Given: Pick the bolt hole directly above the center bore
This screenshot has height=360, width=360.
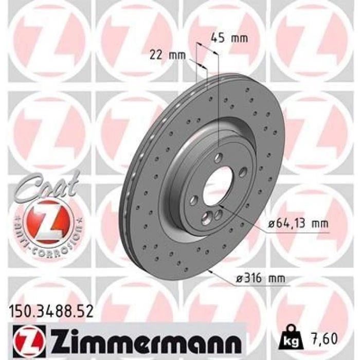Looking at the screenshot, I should click(x=219, y=158).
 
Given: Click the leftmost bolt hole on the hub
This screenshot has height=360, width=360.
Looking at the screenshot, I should click(x=194, y=200).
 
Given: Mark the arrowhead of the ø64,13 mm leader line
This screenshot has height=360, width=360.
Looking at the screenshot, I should click(x=220, y=209).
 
